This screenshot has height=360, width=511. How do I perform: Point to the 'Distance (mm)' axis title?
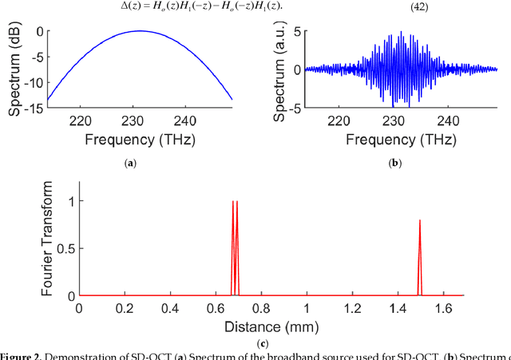point(270,326)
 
